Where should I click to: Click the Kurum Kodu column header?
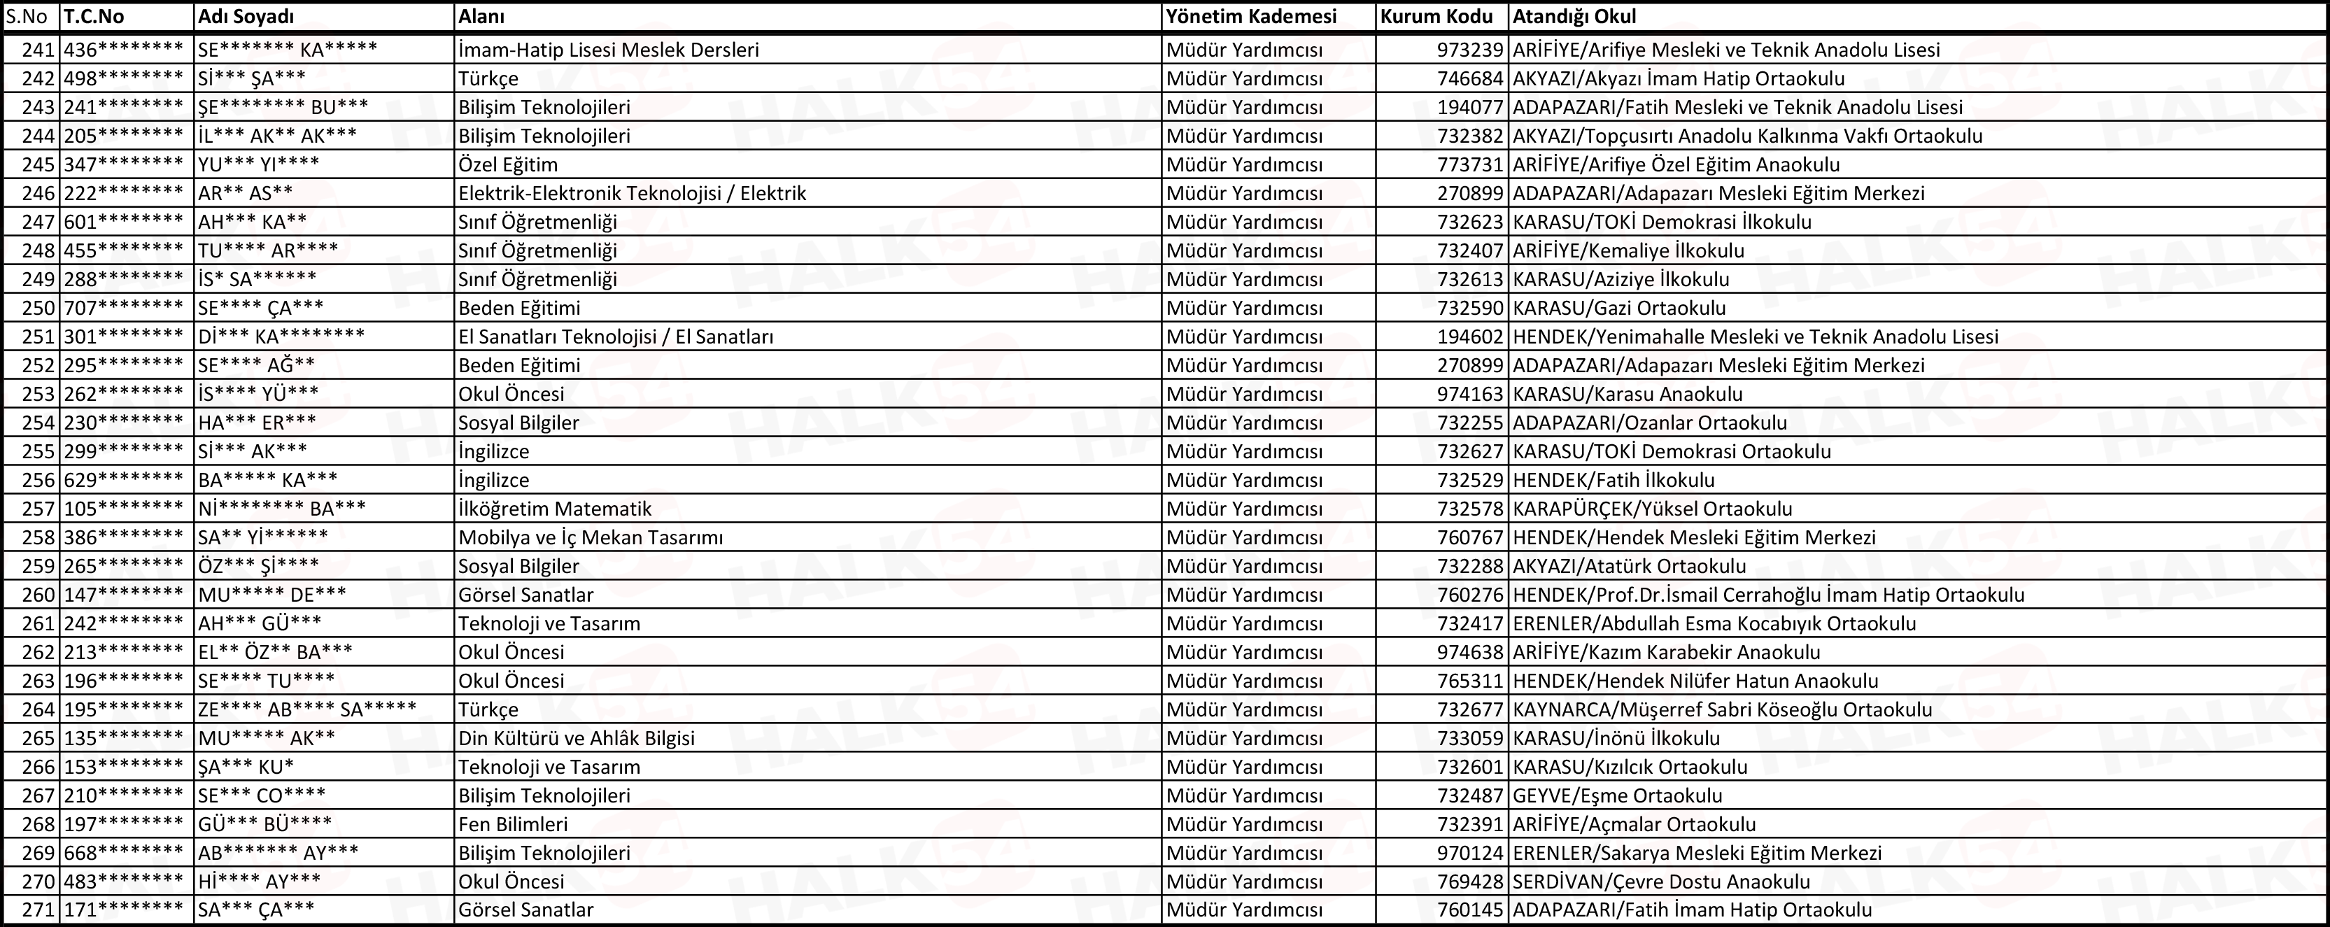(1436, 16)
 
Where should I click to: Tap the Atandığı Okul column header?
(1575, 16)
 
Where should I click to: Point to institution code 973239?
(1470, 50)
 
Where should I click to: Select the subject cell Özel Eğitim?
(507, 164)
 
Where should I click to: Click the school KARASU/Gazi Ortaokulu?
(1619, 308)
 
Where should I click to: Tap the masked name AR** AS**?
(245, 192)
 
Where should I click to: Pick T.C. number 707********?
(123, 308)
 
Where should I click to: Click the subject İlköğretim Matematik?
(554, 508)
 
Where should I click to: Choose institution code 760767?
(1470, 537)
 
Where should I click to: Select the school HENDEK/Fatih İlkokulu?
(1614, 479)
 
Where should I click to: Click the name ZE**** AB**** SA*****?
(306, 709)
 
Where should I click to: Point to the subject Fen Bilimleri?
(513, 824)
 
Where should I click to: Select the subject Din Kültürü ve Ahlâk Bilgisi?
(576, 738)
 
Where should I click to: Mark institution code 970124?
(1470, 853)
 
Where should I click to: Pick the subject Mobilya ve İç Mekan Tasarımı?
(591, 537)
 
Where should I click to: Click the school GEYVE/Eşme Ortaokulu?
(1617, 795)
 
